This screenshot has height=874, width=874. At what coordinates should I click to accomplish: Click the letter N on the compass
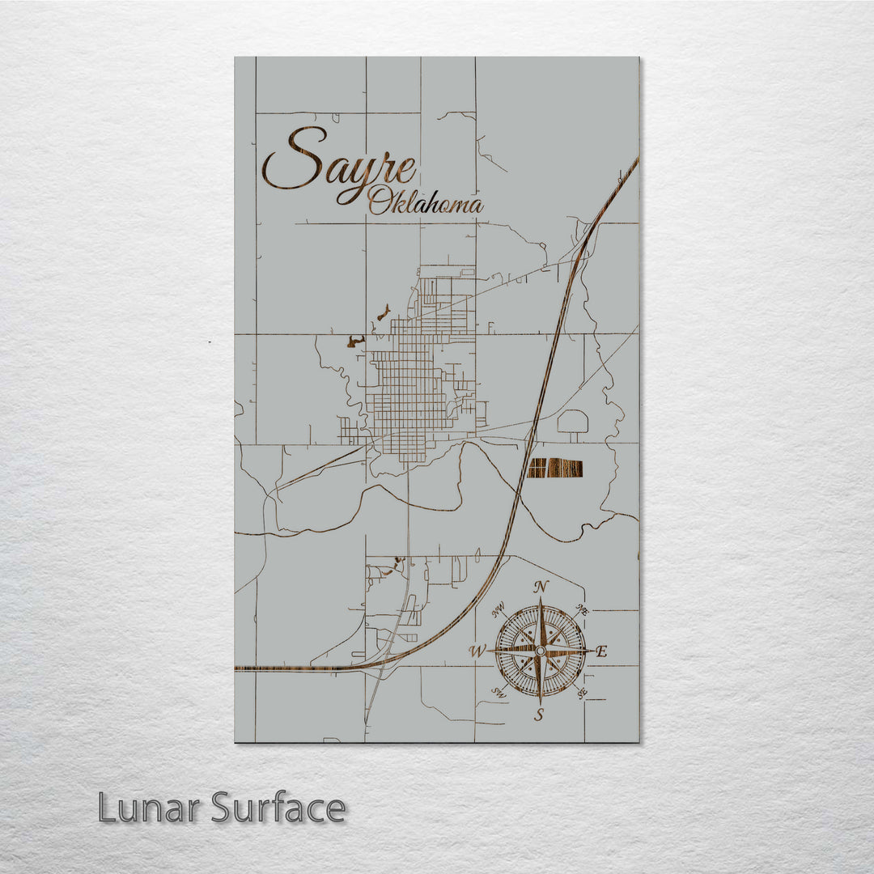click(x=541, y=588)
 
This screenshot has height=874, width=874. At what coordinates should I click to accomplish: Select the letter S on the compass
click(x=540, y=714)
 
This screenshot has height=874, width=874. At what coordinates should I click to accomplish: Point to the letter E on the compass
click(x=601, y=651)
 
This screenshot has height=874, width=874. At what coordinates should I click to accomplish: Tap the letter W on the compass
click(x=477, y=651)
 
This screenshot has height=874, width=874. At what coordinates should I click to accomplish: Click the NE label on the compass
click(x=580, y=609)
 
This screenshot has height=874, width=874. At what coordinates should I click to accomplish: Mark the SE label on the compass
click(x=581, y=693)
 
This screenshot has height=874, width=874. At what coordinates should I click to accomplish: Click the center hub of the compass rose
click(x=541, y=650)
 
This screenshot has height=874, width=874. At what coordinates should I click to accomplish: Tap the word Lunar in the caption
click(x=150, y=808)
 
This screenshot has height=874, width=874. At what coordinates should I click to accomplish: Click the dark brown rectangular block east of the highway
click(x=555, y=468)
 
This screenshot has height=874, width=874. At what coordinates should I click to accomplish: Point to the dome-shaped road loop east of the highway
click(x=574, y=422)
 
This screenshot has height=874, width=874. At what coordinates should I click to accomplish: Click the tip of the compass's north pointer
click(x=541, y=597)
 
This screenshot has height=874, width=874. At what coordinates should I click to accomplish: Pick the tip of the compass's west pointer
click(x=488, y=651)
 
